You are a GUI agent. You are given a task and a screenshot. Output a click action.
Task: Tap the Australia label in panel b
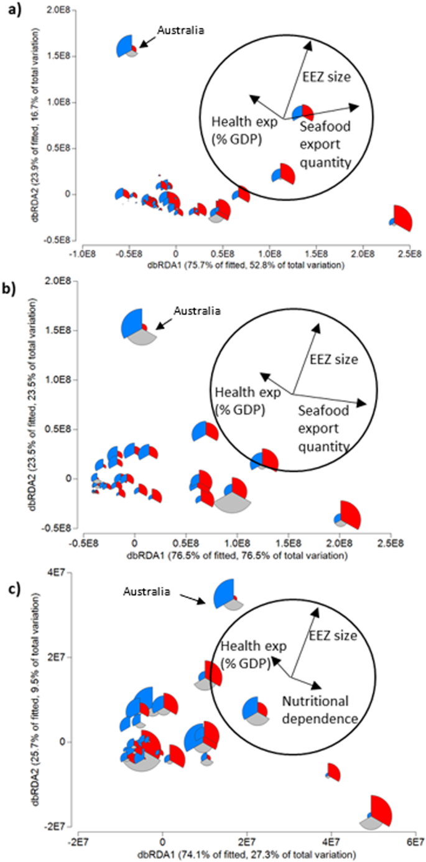pos(197,309)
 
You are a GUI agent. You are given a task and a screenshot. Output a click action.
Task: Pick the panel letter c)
pos(12,571)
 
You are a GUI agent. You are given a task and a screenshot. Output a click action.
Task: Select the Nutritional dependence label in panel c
pos(320,710)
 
